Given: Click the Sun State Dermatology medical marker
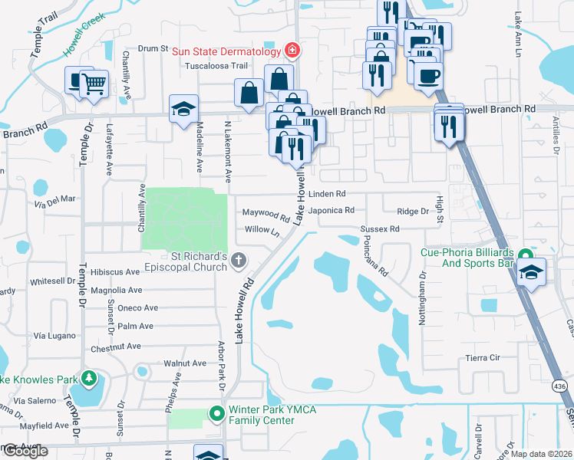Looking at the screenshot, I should click(x=292, y=51).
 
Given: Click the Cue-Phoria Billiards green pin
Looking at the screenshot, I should click(x=526, y=255).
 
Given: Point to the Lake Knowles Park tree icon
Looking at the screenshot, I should click(x=90, y=379).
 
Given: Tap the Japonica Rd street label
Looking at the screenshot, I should click(x=331, y=210).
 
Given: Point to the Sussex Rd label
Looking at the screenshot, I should click(x=380, y=229).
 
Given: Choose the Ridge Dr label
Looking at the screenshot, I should click(x=413, y=211).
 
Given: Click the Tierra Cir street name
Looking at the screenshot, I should click(x=483, y=358).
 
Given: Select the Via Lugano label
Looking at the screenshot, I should click(x=54, y=336).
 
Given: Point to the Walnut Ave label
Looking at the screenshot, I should click(x=185, y=363).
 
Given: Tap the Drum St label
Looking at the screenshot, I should click(x=153, y=48).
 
